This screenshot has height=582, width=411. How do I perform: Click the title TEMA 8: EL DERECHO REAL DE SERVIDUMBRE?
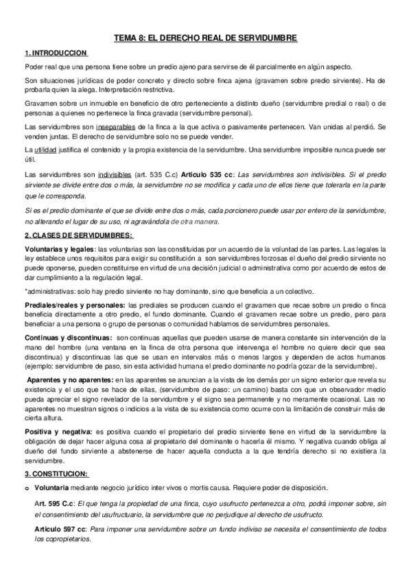pyautogui.click(x=204, y=40)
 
